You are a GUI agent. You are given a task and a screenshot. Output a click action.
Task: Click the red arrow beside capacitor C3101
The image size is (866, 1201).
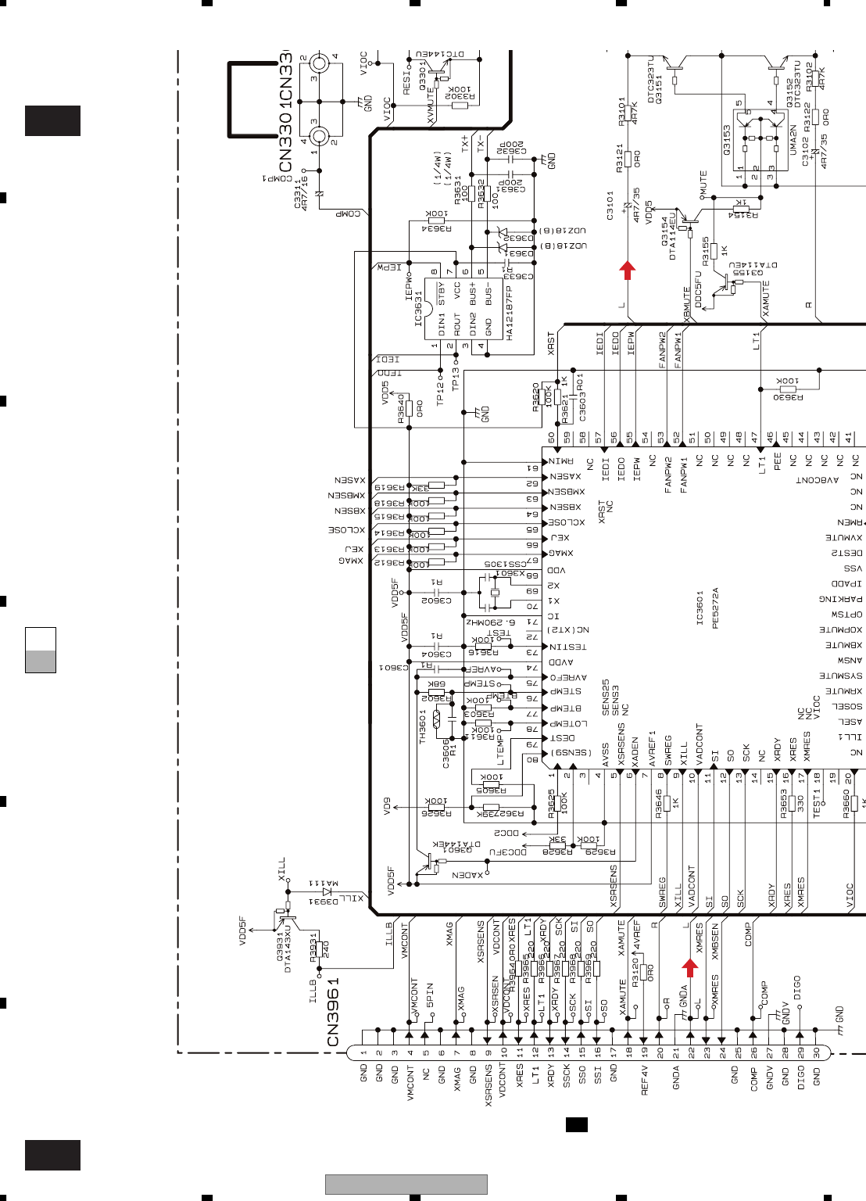627,271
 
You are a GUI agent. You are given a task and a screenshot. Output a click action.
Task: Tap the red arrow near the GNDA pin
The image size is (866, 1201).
689,968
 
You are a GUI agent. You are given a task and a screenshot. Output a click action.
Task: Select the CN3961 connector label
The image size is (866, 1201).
334,1012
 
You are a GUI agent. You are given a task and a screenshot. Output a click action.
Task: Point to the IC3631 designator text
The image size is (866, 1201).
419,309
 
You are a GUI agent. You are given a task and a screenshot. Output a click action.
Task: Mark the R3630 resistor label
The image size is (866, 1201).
788,397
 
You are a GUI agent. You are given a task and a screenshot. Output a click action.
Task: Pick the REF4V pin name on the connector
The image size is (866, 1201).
645,1079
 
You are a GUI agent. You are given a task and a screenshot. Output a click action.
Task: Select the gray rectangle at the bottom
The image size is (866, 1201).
406,1185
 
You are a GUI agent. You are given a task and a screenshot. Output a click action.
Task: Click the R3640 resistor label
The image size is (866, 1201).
401,409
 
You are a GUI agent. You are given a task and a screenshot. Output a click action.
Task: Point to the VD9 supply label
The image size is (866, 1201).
388,806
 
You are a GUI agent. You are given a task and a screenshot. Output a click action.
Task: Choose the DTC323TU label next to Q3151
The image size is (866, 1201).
651,79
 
